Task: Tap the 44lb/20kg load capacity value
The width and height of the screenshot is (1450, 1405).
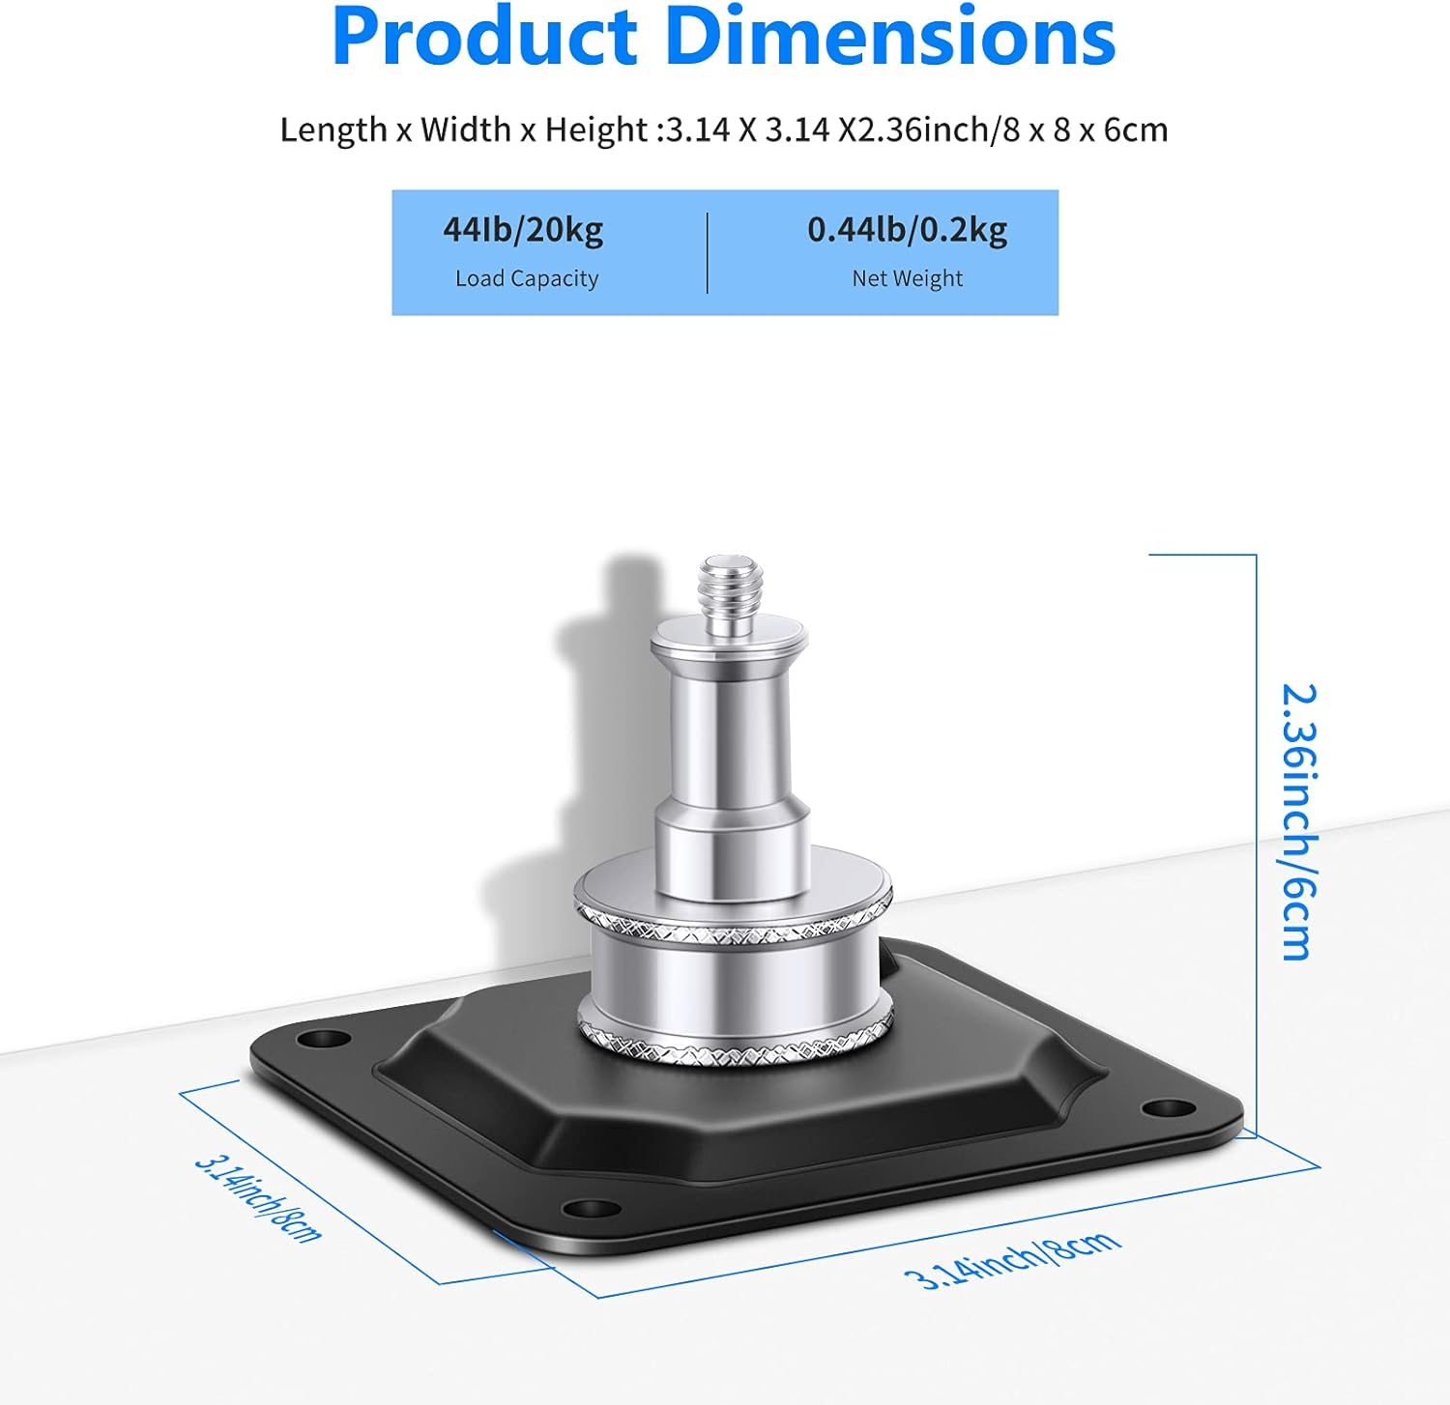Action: pos(523,230)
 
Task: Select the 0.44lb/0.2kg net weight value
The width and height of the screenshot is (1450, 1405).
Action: pos(907,230)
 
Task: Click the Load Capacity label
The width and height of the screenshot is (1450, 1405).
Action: pos(527,278)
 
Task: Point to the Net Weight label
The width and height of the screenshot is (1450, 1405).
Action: pos(907,278)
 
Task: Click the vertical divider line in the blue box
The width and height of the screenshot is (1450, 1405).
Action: pos(708,252)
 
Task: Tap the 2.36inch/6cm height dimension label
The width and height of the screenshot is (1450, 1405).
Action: pos(1298,821)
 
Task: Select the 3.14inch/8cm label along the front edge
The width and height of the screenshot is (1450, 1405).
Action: pos(1012,1260)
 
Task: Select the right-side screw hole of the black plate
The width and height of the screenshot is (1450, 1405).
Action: pos(1169,1107)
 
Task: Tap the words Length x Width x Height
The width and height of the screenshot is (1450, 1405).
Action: pos(463,129)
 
